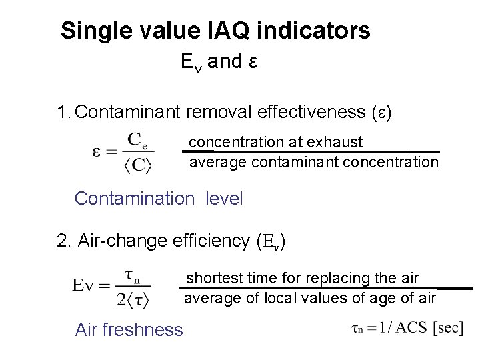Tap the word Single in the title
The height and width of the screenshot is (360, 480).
tap(93, 31)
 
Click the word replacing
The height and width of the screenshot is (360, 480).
tap(345, 277)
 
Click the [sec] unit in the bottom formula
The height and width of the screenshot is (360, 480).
tap(448, 328)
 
